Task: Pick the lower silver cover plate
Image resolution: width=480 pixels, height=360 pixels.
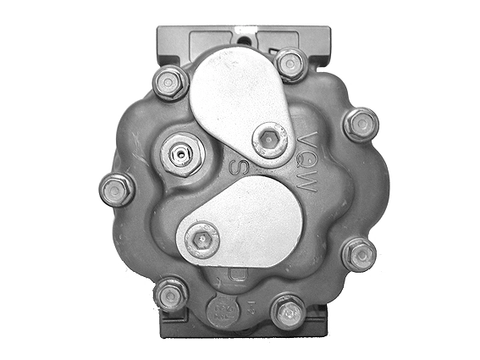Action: pyautogui.click(x=246, y=227)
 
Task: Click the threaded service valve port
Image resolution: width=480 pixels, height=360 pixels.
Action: pyautogui.click(x=180, y=155)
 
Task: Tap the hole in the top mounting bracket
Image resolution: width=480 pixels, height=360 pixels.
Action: pyautogui.click(x=246, y=36)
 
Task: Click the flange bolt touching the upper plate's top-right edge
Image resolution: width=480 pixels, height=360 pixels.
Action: pyautogui.click(x=290, y=64)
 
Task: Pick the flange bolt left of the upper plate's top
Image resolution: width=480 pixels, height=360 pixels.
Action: pyautogui.click(x=170, y=81)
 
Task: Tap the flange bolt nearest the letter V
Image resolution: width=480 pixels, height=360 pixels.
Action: pyautogui.click(x=361, y=124)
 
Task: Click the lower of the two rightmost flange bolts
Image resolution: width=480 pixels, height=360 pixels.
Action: pyautogui.click(x=359, y=253)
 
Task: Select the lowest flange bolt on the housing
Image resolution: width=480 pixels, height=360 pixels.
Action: pyautogui.click(x=288, y=312)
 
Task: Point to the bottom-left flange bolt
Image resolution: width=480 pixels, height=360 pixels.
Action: pyautogui.click(x=172, y=294)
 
